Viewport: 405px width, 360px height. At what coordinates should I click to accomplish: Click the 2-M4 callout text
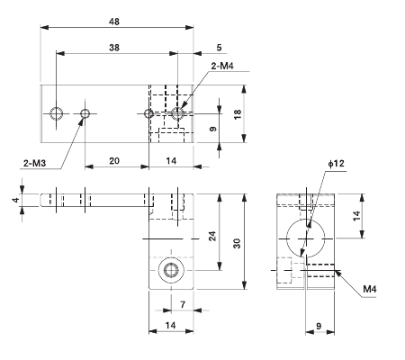click(x=222, y=66)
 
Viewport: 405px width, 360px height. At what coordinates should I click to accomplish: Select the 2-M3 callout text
click(x=35, y=163)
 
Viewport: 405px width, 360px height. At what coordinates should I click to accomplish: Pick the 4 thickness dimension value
click(x=15, y=200)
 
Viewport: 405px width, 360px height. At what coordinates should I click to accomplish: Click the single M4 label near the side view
click(x=370, y=289)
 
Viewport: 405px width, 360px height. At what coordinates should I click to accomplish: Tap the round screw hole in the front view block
click(x=169, y=271)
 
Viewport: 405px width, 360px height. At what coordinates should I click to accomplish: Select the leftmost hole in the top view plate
click(x=57, y=113)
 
